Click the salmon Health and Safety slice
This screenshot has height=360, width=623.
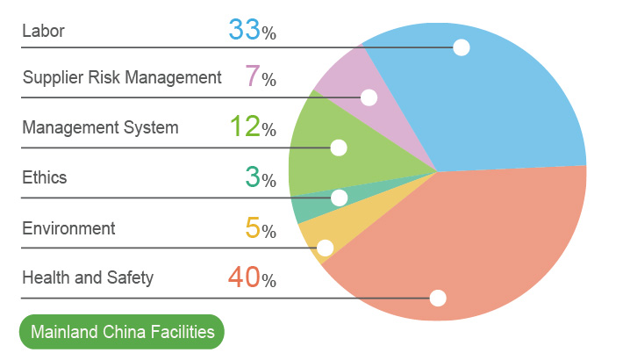(x=474, y=255)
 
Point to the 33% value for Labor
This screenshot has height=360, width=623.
(x=252, y=30)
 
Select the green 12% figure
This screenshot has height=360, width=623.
(x=252, y=127)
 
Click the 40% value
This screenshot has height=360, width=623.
(x=252, y=278)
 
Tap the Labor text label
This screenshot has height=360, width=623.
(x=43, y=32)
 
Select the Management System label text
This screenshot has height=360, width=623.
(x=100, y=128)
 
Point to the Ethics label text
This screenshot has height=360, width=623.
(x=44, y=178)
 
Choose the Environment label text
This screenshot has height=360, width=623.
(x=68, y=228)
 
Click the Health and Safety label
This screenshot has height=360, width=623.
(x=88, y=278)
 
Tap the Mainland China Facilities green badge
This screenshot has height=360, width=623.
(x=122, y=333)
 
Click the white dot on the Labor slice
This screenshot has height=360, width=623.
(x=462, y=47)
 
